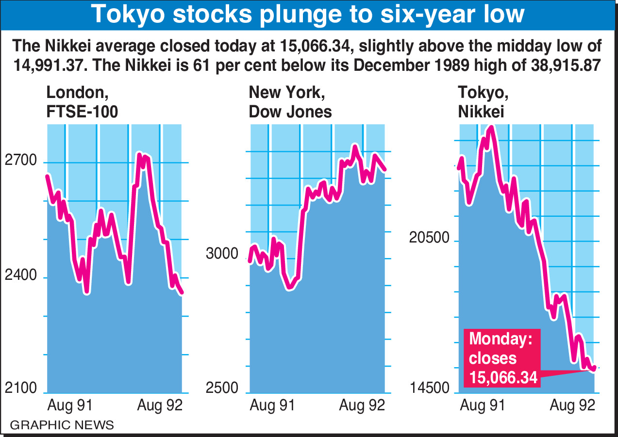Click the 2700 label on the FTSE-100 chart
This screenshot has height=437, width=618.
tap(21, 161)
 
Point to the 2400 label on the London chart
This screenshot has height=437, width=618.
tap(21, 275)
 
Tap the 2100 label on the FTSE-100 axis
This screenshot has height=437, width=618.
tap(21, 389)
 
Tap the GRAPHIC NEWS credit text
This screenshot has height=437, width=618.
tap(62, 425)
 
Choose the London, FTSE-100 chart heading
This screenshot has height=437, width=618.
tap(82, 102)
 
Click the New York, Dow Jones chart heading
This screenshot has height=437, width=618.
tap(290, 102)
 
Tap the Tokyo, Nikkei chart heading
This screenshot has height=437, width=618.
tap(482, 102)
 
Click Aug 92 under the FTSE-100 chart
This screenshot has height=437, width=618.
tap(160, 405)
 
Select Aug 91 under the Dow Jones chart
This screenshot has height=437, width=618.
tap(272, 405)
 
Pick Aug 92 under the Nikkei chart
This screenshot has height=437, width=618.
tap(572, 405)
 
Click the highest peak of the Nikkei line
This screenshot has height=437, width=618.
tap(492, 128)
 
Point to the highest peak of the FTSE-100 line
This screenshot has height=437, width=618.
tap(139, 155)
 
